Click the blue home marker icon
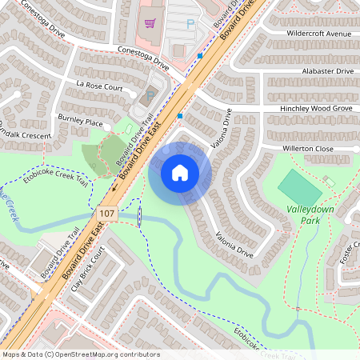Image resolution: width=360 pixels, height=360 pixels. point(180,173)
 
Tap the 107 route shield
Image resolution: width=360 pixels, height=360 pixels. point(106,214)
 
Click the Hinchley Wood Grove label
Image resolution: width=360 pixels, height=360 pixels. point(316,107)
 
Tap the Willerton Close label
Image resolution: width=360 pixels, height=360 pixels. point(307,149)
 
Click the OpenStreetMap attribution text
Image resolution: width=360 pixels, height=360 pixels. point(81,354)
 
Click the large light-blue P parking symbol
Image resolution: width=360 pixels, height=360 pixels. point(190,25)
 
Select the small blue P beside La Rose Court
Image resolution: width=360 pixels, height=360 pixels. point(150,96)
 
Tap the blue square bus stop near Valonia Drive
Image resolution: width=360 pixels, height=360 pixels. point(180,116)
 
